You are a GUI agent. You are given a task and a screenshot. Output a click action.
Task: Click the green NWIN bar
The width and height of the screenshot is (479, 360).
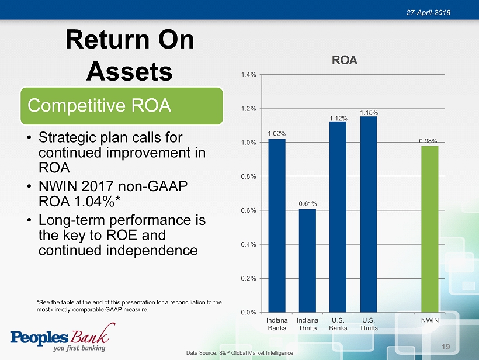430,229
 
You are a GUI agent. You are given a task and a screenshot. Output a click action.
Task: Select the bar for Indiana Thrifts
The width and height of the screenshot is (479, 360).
307,260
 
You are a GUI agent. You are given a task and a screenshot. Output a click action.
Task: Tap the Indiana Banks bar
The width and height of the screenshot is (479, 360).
277,225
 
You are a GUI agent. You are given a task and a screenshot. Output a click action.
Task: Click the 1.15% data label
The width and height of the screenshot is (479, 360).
369,112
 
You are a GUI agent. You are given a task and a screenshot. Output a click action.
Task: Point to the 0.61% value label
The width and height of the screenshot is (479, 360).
307,203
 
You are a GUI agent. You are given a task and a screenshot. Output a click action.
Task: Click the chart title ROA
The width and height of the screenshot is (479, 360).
345,60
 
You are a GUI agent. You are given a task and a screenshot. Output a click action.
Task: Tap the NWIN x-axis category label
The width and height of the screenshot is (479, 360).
430,321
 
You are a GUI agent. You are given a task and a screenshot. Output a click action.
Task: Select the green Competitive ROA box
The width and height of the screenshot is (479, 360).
122,106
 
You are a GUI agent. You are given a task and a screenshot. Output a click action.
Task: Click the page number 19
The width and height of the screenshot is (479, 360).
446,347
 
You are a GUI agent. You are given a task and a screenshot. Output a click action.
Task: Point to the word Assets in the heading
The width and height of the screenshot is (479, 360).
129,71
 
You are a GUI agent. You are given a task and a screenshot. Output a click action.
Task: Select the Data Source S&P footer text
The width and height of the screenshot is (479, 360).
239,353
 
